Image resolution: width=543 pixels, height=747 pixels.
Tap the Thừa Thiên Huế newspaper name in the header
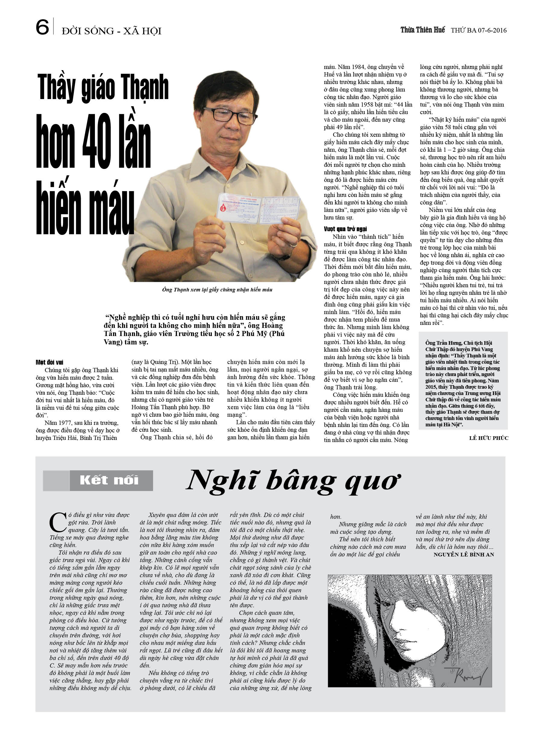tap(422, 30)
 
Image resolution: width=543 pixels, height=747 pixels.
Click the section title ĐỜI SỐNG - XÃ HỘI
tap(111, 31)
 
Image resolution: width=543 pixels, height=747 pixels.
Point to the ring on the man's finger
tap(293, 245)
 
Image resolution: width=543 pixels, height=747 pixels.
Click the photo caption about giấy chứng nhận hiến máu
tap(217, 290)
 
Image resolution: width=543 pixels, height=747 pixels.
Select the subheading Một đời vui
tap(49, 362)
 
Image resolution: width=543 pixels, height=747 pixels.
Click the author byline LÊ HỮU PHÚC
tap(488, 438)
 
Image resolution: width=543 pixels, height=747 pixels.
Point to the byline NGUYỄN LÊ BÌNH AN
tap(463, 555)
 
